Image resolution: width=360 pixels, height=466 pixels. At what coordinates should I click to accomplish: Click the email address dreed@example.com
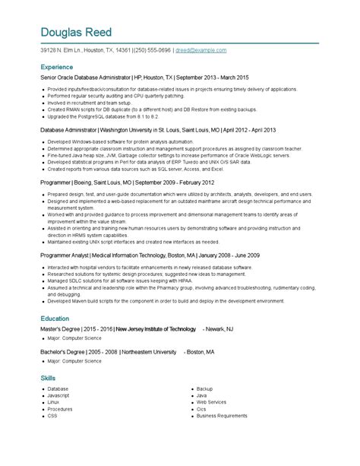coord(201,50)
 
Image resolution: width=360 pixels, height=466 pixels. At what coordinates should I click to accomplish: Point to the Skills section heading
coord(48,377)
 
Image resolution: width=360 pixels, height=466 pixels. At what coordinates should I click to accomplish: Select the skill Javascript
coord(58,395)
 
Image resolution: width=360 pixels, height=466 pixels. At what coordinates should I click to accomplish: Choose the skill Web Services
coord(211,402)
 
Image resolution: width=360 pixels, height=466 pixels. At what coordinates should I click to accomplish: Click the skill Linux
coord(53,402)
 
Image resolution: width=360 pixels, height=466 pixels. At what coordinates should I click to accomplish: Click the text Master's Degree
coord(62,309)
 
